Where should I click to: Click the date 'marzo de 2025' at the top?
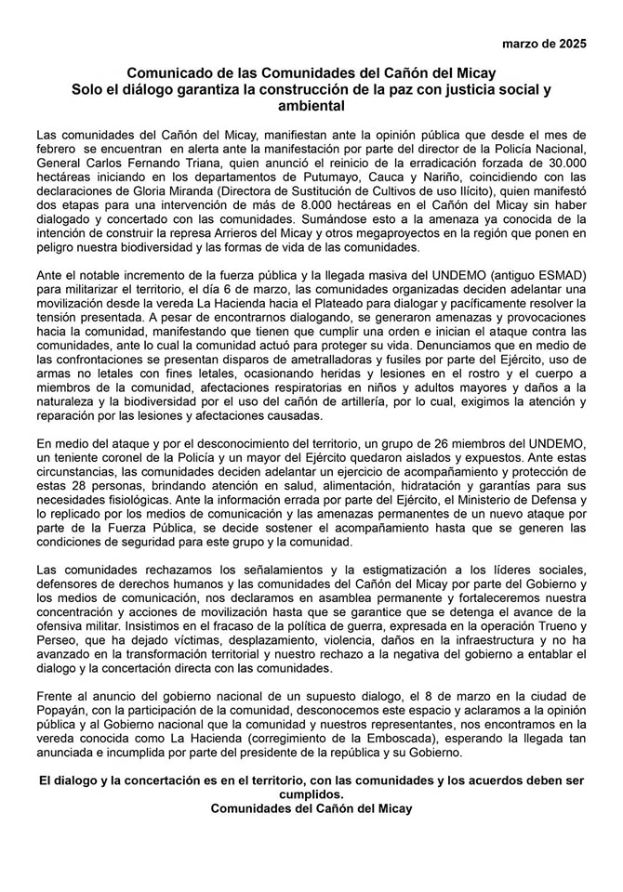pyautogui.click(x=543, y=44)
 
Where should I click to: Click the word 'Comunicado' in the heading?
pyautogui.click(x=169, y=72)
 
